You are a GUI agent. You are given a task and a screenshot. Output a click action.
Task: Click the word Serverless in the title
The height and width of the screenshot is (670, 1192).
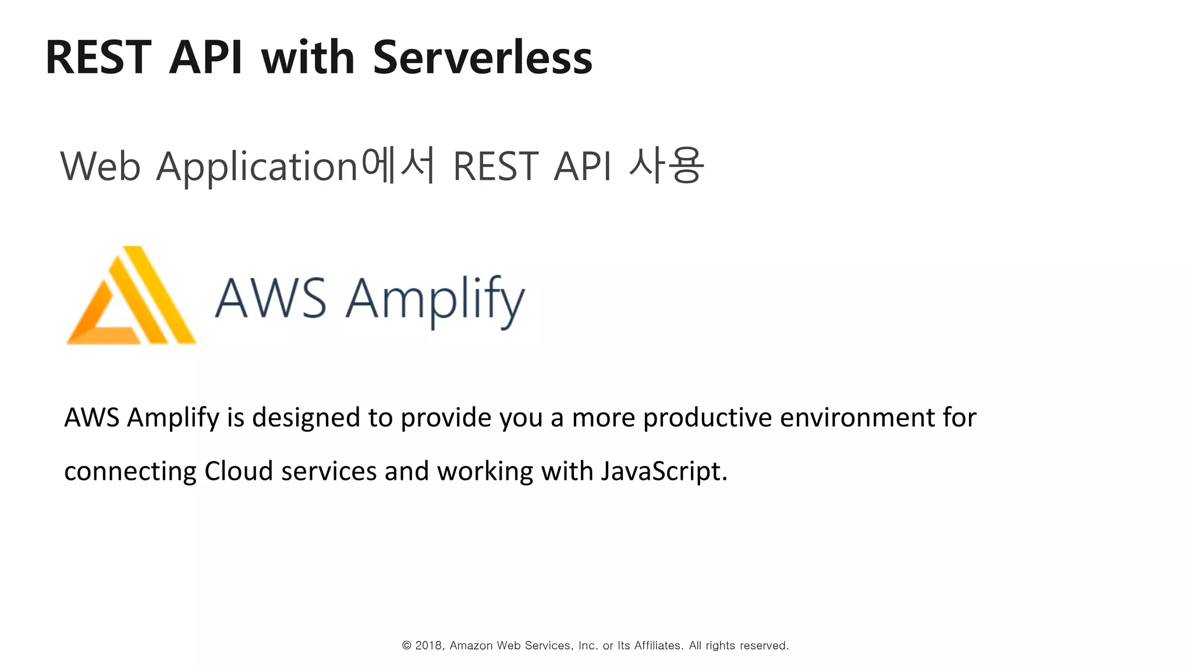[482, 58]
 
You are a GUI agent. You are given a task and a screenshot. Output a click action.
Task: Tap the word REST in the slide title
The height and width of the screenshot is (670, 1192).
[98, 58]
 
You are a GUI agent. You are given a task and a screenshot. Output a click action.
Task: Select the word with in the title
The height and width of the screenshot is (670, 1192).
[307, 58]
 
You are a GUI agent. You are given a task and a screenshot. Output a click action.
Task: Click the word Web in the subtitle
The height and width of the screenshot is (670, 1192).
[100, 167]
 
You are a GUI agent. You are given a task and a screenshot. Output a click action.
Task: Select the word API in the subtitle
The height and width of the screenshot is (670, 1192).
[582, 167]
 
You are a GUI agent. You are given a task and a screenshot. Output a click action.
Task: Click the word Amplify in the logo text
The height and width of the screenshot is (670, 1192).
[435, 300]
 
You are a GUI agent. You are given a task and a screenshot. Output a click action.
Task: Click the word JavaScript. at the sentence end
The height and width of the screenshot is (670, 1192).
[664, 472]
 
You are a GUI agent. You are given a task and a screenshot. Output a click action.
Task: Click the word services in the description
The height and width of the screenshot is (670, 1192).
[329, 471]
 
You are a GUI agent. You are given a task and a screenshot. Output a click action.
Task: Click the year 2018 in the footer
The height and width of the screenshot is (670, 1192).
[429, 646]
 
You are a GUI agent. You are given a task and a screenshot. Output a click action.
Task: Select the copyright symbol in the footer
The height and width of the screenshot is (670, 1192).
[407, 646]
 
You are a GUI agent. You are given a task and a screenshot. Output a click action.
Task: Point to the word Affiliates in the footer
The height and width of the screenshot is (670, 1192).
[658, 646]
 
